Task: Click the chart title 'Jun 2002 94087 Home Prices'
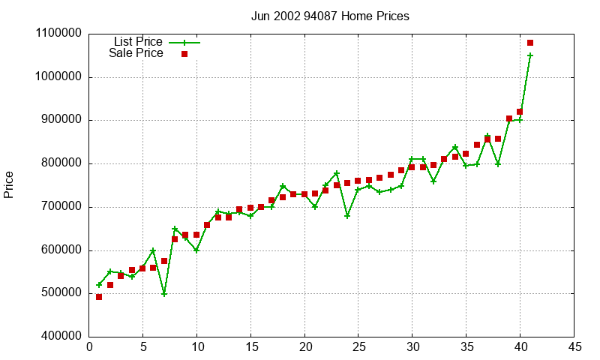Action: click(330, 16)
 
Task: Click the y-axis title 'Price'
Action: click(9, 184)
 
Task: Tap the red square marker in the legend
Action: click(184, 54)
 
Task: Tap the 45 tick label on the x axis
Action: click(574, 347)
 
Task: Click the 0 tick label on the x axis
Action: click(89, 347)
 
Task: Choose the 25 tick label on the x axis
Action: click(358, 347)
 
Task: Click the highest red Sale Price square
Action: click(530, 43)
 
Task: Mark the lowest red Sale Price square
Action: click(99, 297)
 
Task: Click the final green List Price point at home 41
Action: click(530, 55)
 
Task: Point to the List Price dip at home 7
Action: click(164, 294)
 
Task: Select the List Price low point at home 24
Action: click(347, 216)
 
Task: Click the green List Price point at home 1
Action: click(99, 285)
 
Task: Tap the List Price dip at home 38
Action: click(498, 164)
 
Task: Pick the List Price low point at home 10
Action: click(196, 250)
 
